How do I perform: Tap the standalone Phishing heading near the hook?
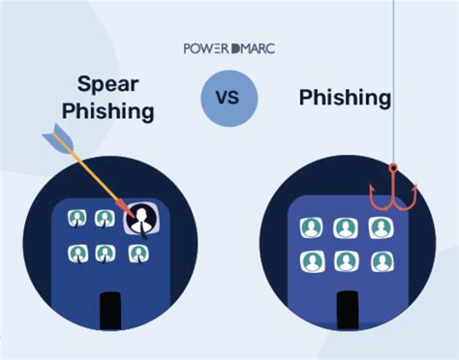tap(345, 98)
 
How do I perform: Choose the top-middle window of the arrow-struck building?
tap(105, 220)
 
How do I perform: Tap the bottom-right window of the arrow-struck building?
tap(138, 255)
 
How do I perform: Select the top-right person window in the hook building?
tap(379, 228)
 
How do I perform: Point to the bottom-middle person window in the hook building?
tap(346, 261)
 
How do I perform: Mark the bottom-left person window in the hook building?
tap(312, 261)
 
